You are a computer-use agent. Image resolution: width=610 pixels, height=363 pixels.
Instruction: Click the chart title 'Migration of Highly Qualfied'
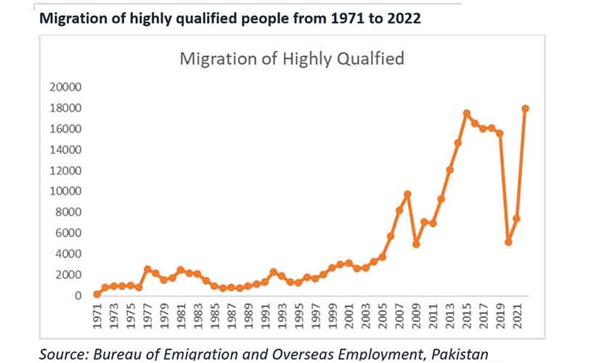(x=291, y=59)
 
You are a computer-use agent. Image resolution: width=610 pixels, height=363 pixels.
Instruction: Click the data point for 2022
(x=525, y=108)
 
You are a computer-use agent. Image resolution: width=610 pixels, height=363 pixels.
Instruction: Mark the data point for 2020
(x=508, y=242)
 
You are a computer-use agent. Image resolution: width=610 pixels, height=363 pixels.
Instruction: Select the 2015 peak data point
(x=466, y=113)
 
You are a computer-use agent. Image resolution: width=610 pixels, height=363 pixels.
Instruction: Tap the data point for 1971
(x=97, y=294)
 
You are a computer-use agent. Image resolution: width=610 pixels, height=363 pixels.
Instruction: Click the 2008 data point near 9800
(x=407, y=194)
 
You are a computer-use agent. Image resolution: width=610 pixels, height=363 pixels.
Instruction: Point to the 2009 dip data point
(x=416, y=244)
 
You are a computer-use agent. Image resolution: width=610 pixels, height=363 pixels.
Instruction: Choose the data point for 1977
(x=147, y=269)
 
